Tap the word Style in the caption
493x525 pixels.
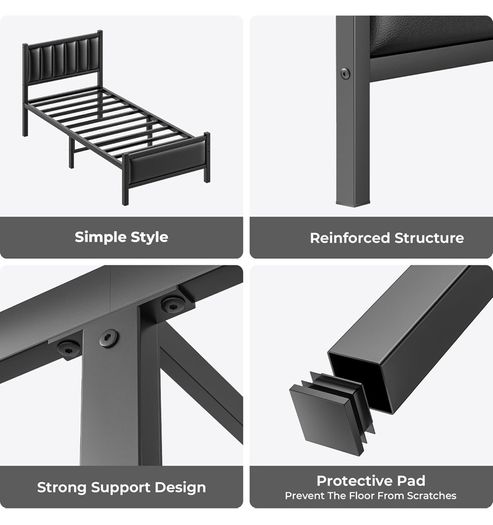[x=149, y=237]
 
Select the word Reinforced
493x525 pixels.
[x=350, y=238]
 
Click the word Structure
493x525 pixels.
[x=429, y=238]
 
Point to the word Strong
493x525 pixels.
[x=62, y=487]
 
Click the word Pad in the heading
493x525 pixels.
[x=411, y=481]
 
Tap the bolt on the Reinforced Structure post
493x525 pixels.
[x=345, y=73]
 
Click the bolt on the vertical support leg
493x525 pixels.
[x=109, y=339]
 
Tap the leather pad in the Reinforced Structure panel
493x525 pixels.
[x=430, y=34]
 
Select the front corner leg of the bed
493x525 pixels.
[x=125, y=180]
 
